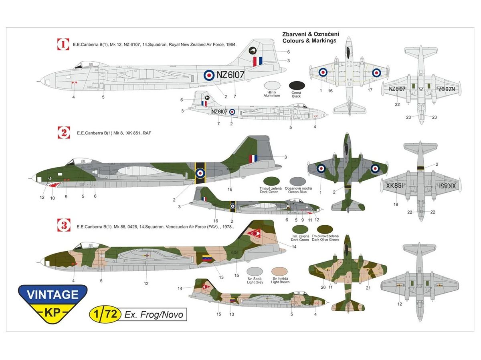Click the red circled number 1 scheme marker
[63, 44]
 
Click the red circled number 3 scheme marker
[63, 226]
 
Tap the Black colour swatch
[297, 85]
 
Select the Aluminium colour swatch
[274, 85]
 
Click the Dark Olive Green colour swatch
[325, 230]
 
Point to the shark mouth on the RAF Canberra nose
[53, 185]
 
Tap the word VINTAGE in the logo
[53, 295]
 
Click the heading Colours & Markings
[309, 41]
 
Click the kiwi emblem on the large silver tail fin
[253, 50]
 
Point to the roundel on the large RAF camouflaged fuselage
[200, 173]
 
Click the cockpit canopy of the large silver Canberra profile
[83, 64]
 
